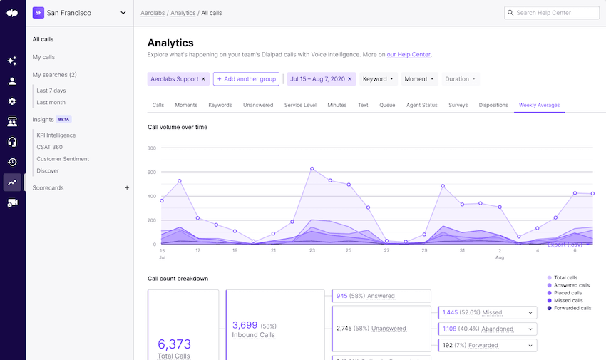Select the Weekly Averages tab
tap(539, 105)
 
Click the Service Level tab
tap(300, 105)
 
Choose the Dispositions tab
tap(493, 105)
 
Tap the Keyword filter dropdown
tap(378, 79)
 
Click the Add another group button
tap(246, 79)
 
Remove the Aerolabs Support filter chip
tap(203, 79)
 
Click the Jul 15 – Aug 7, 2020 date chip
tap(317, 79)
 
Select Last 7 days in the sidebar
tap(51, 91)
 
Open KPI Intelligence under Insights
tap(56, 135)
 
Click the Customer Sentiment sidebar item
tap(63, 159)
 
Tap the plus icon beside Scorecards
tap(127, 188)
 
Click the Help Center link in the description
tap(409, 54)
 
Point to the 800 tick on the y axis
tap(152, 148)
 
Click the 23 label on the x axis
tap(312, 250)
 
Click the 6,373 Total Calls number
tap(175, 344)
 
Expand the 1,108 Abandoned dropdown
tap(530, 329)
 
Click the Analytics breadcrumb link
tap(183, 13)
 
